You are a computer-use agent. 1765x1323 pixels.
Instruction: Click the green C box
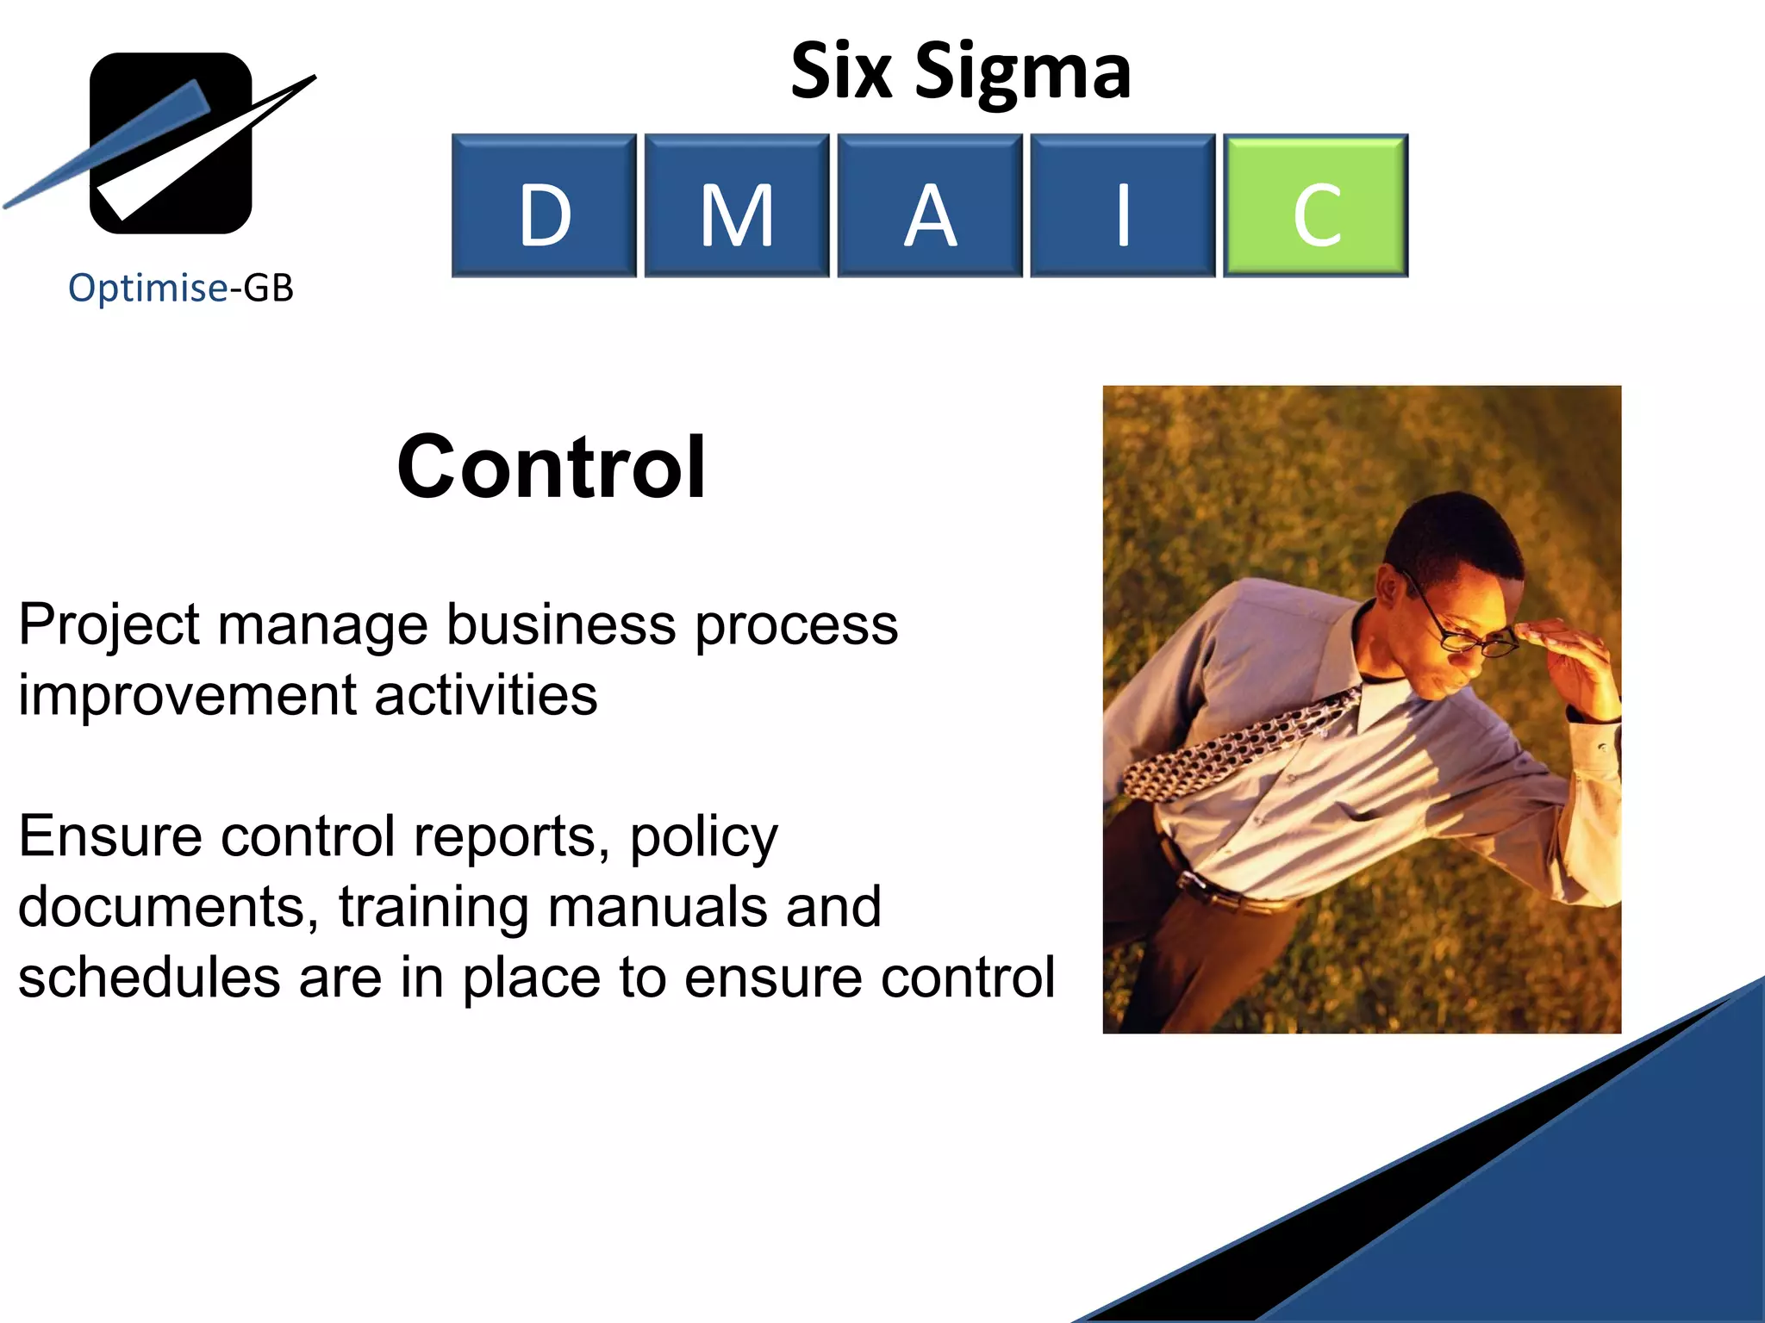pos(1315,206)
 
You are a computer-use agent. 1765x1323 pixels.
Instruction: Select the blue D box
pos(544,206)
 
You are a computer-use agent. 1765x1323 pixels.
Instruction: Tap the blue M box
pos(737,206)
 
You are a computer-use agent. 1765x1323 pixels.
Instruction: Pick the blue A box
pos(930,206)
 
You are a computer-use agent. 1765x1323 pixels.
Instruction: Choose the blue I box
pos(1122,206)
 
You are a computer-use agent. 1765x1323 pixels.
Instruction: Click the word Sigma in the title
pos(1023,73)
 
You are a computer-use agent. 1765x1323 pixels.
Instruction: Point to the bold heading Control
pos(552,467)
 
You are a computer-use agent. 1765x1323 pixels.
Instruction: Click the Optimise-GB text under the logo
pos(181,288)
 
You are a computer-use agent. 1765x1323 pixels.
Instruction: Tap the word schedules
pos(149,978)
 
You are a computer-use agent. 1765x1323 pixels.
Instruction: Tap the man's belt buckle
pos(1198,883)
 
